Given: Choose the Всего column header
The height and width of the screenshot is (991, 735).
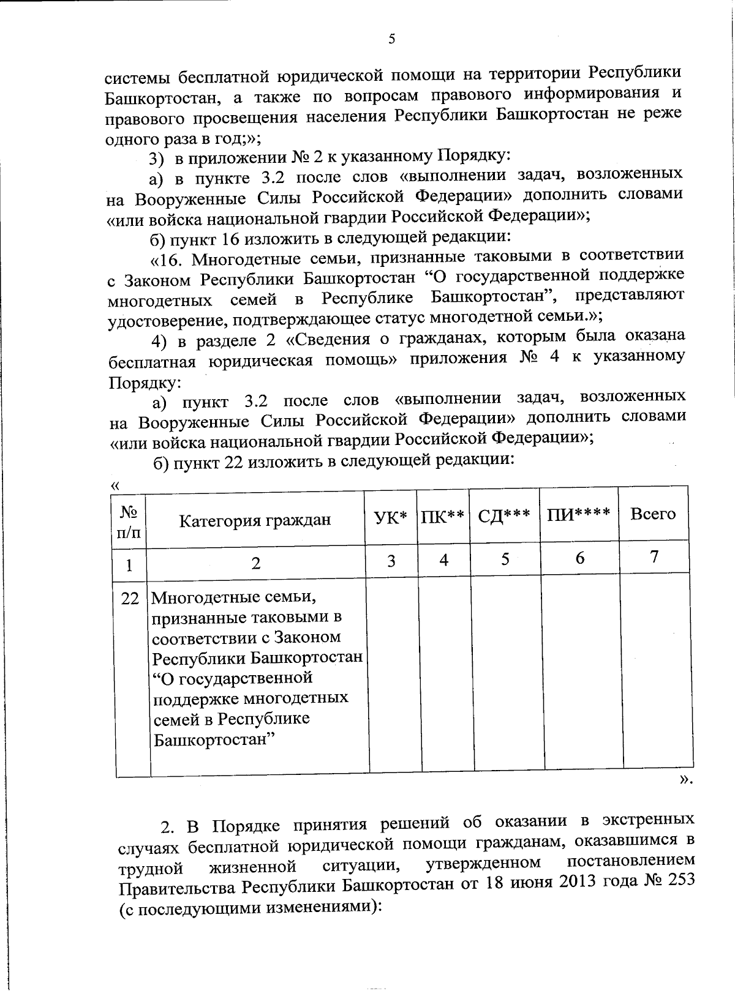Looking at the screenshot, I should tap(652, 514).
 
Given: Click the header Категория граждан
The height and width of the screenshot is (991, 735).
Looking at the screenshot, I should tap(255, 520).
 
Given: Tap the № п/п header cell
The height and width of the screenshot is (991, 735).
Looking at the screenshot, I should tap(129, 522).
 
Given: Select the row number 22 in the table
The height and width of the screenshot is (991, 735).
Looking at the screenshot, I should tap(130, 598).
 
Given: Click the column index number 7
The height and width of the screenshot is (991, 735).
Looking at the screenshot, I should tap(654, 556).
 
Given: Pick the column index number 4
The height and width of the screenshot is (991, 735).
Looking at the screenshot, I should tap(444, 559).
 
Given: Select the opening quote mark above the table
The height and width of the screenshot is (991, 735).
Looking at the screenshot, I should tap(114, 485).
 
